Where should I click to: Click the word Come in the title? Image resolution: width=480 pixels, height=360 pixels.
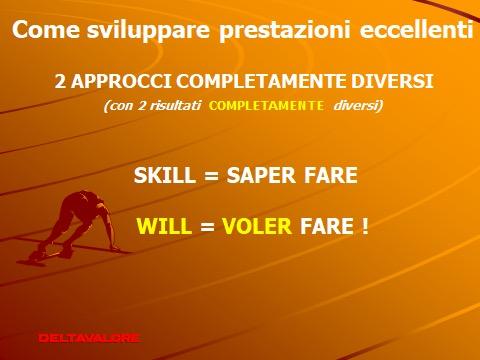(x=46, y=29)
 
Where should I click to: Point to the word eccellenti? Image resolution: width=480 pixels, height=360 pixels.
(x=416, y=29)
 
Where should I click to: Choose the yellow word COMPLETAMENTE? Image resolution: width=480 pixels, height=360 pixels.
(x=266, y=106)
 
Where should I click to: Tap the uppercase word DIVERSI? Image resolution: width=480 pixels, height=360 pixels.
(x=392, y=81)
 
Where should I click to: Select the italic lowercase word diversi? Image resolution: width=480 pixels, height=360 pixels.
(x=356, y=106)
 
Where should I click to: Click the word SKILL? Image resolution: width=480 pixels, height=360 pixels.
(x=165, y=175)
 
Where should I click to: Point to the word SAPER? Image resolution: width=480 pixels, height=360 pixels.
(x=261, y=175)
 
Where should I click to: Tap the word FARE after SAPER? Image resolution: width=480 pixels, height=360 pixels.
(x=331, y=175)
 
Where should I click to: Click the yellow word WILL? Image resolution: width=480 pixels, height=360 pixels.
(x=164, y=226)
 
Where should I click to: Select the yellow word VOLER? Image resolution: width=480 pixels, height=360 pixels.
(x=257, y=226)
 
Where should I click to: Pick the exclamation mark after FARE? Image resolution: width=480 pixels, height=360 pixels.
(x=365, y=226)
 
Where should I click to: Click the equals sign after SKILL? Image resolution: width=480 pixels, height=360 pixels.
(x=211, y=176)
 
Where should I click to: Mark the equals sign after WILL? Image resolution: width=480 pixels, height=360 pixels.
(x=207, y=227)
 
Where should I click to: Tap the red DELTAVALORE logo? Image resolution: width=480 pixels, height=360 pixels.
(x=89, y=338)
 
